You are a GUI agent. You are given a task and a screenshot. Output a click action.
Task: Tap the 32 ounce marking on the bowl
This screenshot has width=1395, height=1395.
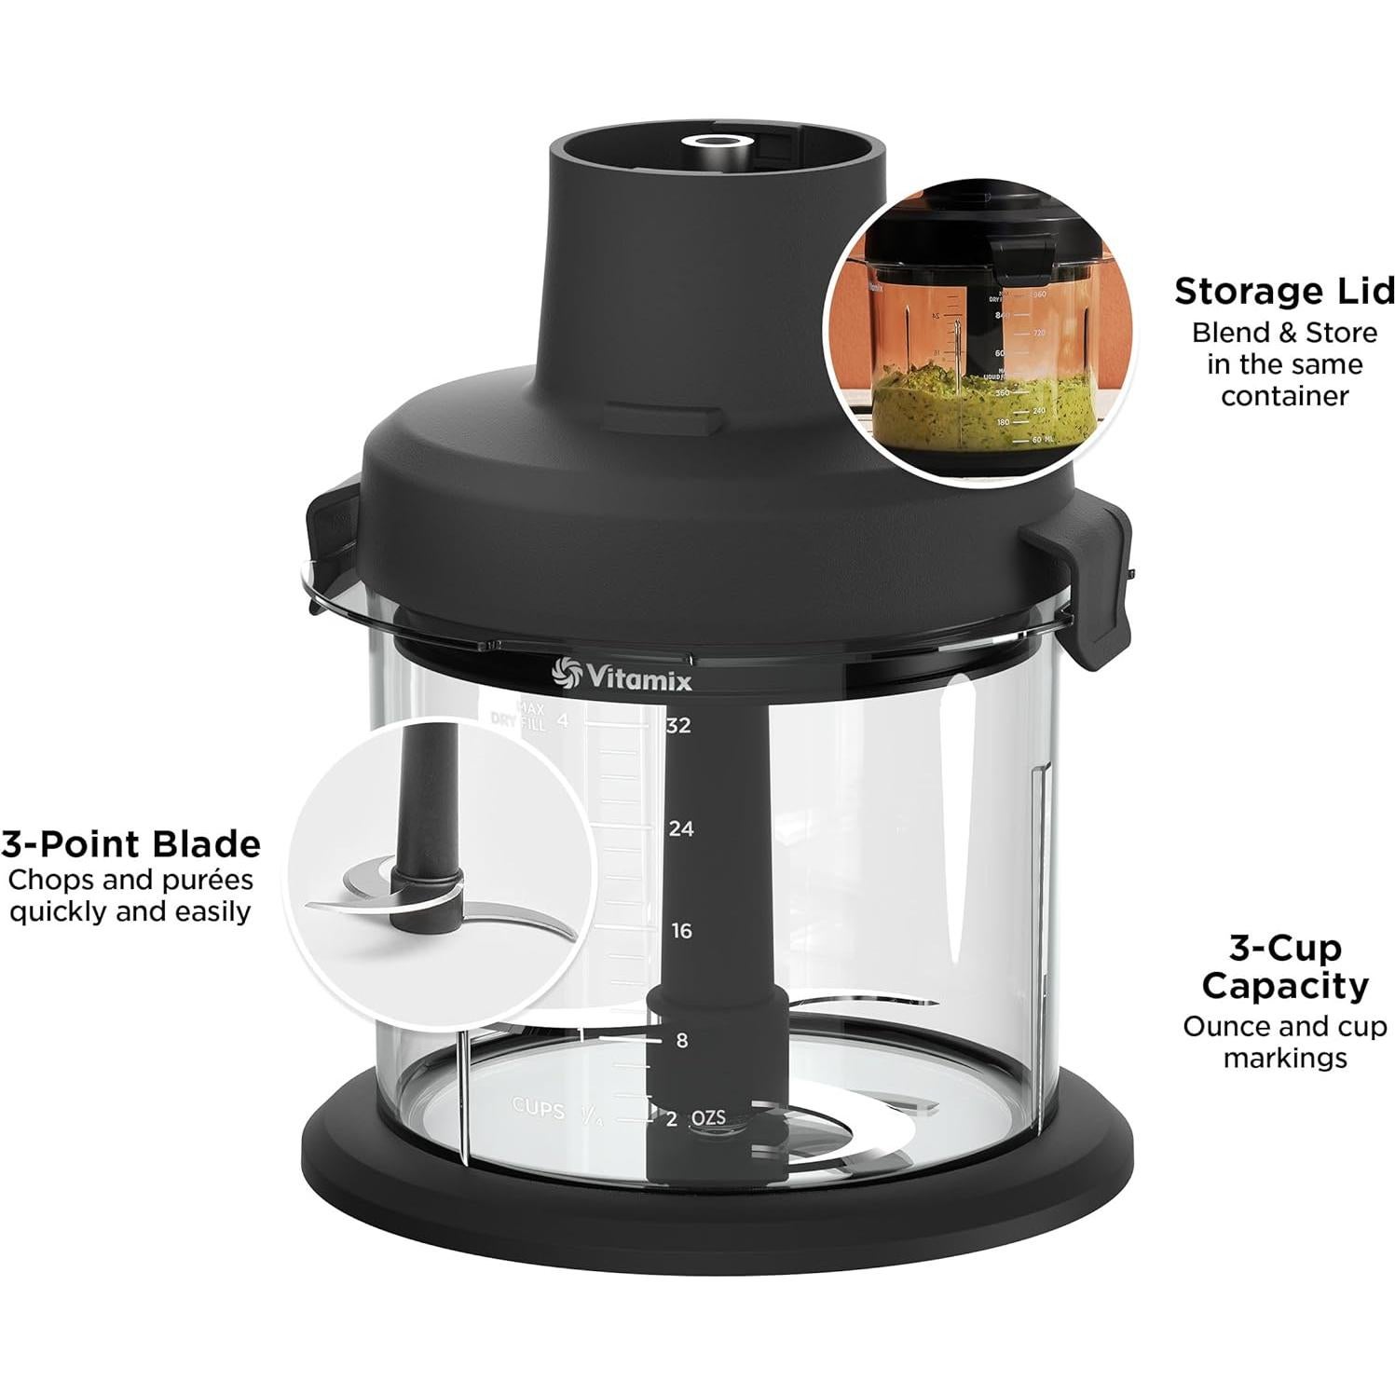[x=678, y=726]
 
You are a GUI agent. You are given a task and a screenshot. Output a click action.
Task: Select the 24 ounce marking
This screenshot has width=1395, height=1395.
[x=680, y=828]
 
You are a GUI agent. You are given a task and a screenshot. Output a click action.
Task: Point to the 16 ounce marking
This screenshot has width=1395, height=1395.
[x=681, y=931]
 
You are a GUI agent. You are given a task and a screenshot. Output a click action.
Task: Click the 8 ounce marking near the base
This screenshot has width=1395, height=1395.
[x=681, y=1040]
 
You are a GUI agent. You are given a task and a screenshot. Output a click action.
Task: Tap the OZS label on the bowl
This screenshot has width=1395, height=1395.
[x=708, y=1117]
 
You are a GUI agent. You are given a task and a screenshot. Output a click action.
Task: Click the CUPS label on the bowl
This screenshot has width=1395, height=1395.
[x=538, y=1109]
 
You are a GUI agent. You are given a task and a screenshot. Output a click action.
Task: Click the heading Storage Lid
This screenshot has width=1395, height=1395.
[x=1283, y=292]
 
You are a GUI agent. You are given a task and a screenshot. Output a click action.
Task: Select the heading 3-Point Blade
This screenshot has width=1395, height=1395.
[x=130, y=844]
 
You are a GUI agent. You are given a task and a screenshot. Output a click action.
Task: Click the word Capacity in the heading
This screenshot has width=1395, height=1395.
[x=1284, y=985]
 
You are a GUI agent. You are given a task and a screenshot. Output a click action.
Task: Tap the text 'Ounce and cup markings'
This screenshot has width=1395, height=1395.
[x=1284, y=1042]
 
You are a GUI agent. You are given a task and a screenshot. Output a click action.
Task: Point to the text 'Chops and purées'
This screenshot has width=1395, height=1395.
[x=130, y=880]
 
